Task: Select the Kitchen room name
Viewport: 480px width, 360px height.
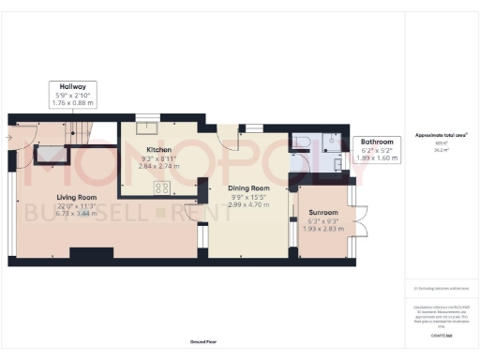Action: coord(157,150)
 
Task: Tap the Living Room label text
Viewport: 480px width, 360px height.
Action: coord(76,197)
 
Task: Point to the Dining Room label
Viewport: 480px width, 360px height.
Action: coord(248,188)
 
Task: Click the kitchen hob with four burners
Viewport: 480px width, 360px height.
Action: coord(160,187)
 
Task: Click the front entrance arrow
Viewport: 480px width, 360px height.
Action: coord(7,137)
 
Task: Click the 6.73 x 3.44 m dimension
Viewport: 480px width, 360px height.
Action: coord(76,215)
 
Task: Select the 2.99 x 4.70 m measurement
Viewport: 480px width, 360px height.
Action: coord(248,205)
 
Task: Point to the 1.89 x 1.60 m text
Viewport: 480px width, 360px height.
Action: coord(380,158)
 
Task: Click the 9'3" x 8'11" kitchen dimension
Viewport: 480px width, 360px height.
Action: coord(157,158)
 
